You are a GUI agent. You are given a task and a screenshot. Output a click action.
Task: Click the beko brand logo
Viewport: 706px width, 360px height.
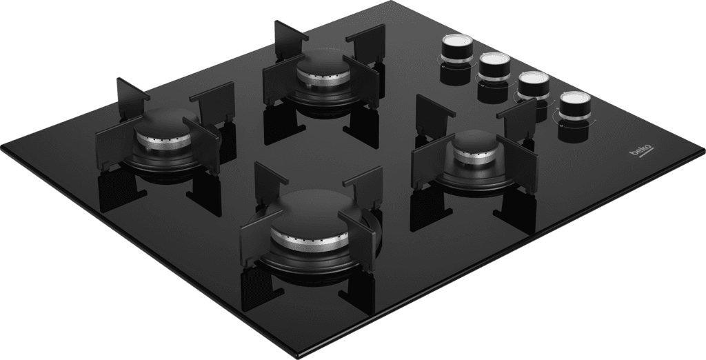(642, 151)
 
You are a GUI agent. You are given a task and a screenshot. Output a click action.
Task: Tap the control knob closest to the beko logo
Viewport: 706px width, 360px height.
(576, 106)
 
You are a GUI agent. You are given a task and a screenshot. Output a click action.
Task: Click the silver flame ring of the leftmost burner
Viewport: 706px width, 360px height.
(164, 142)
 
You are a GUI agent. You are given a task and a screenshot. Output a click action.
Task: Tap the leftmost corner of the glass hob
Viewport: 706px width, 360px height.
(2, 148)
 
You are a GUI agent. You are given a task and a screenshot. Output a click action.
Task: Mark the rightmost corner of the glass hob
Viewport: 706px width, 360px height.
(704, 151)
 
